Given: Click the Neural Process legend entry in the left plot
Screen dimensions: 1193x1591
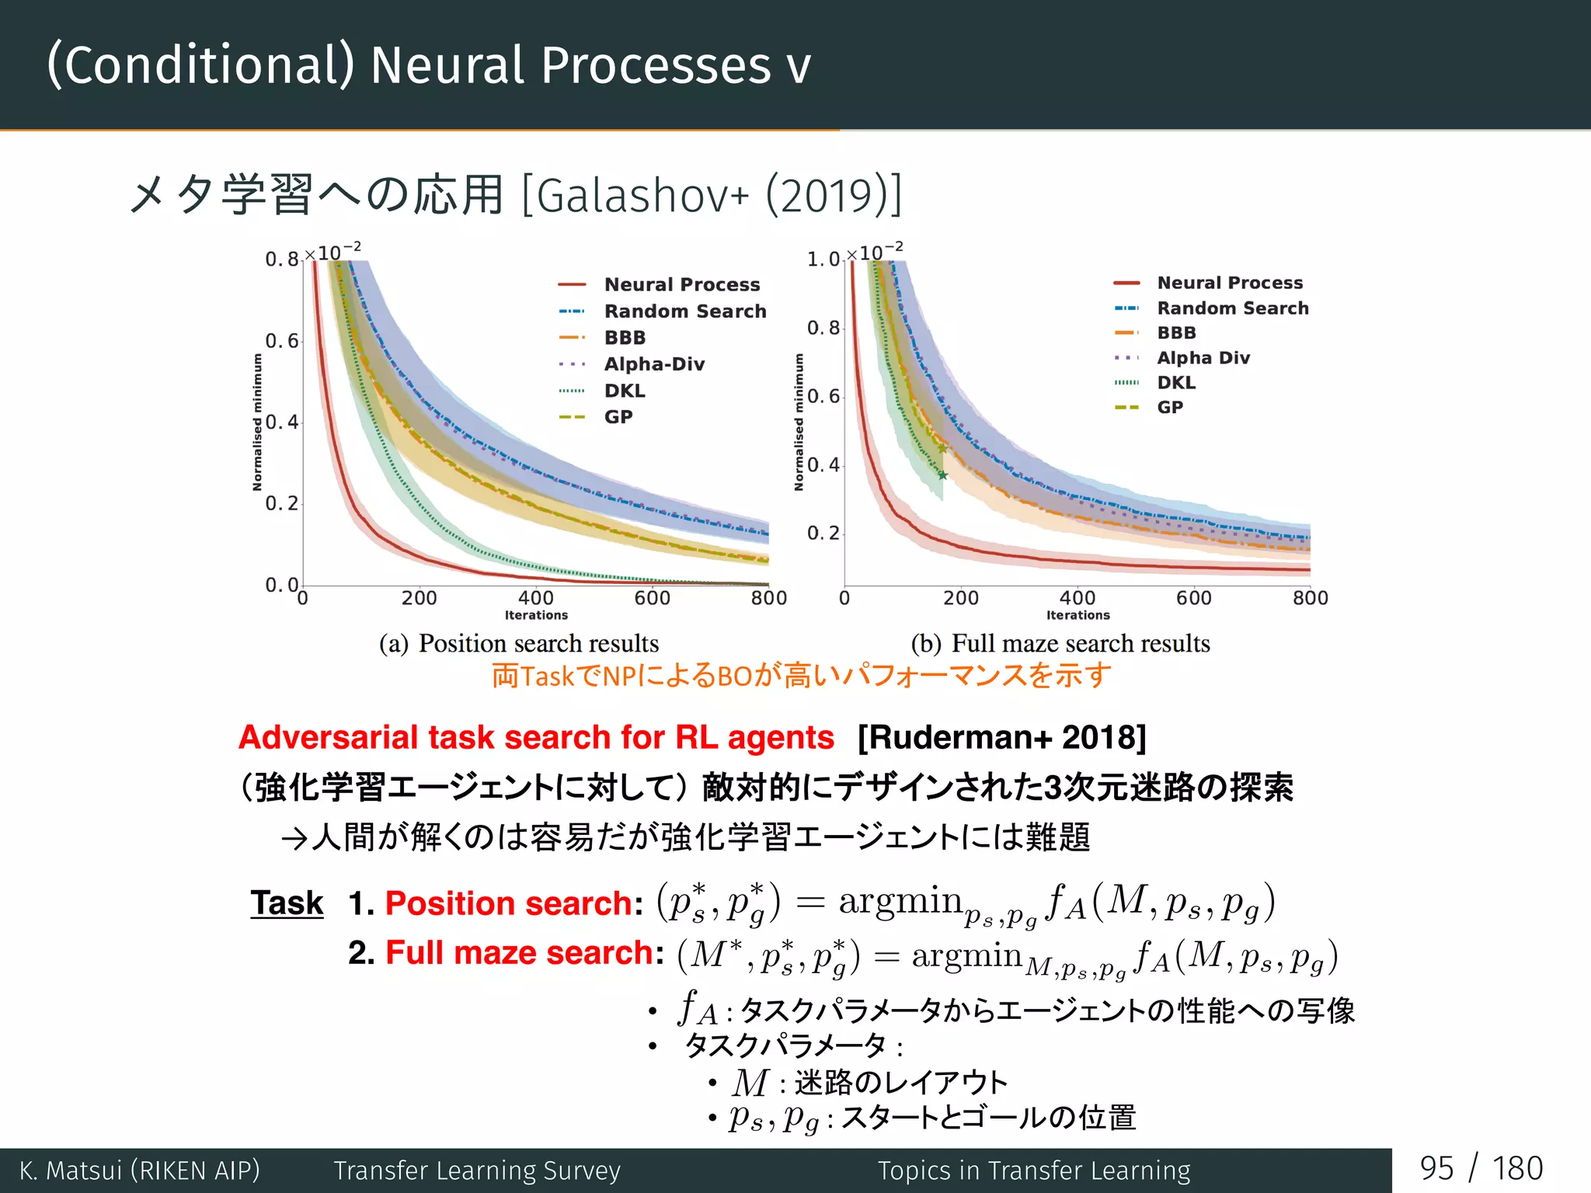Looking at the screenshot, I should coord(681,284).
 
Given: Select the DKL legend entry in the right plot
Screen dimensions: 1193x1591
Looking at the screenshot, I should coord(1175,382).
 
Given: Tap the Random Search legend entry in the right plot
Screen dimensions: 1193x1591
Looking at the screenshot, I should coord(1232,308).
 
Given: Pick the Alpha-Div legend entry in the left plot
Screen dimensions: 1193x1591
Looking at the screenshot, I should coord(654,363).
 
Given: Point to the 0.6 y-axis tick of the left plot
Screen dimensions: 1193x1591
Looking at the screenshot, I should coord(282,341).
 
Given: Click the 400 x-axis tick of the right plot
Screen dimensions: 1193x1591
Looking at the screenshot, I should coord(1077,598).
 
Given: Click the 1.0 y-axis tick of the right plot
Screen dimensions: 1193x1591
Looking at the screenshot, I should coord(823,259).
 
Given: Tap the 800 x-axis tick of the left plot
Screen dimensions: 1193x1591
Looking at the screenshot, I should coord(768,598).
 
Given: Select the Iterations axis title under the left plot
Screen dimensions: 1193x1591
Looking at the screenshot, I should coord(536,615).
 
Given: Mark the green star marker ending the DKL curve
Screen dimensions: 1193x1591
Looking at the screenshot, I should coord(943,475).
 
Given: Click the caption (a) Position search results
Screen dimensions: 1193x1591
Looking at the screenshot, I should coord(519,643).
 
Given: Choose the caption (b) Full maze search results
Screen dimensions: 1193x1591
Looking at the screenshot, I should coord(1060,643).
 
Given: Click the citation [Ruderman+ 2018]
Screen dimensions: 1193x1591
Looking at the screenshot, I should coord(1001,737).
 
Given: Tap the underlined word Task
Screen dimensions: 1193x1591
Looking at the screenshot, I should coord(287,903).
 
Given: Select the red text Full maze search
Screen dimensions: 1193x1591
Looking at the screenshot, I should coord(520,952).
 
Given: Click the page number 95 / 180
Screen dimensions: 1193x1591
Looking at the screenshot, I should coord(1481,1169).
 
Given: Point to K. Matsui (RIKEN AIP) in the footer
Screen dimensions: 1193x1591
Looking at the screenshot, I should coord(140,1170).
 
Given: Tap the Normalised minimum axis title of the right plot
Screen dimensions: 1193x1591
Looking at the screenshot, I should coord(799,422).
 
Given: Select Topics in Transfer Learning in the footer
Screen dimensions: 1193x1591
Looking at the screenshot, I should coord(1034,1170).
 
